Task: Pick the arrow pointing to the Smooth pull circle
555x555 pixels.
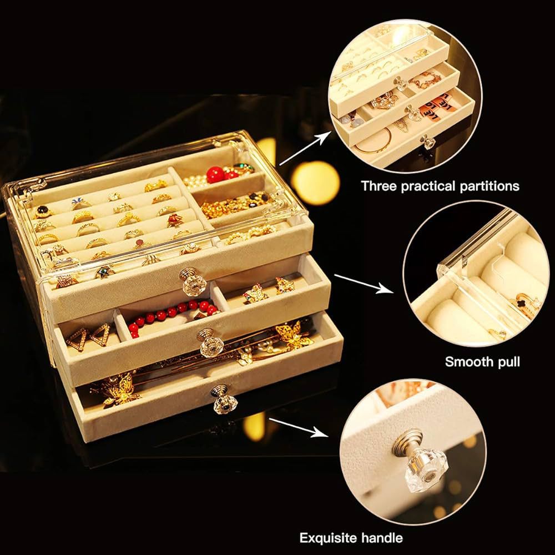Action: [x=363, y=282]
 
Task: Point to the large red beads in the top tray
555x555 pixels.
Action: [x=217, y=175]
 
